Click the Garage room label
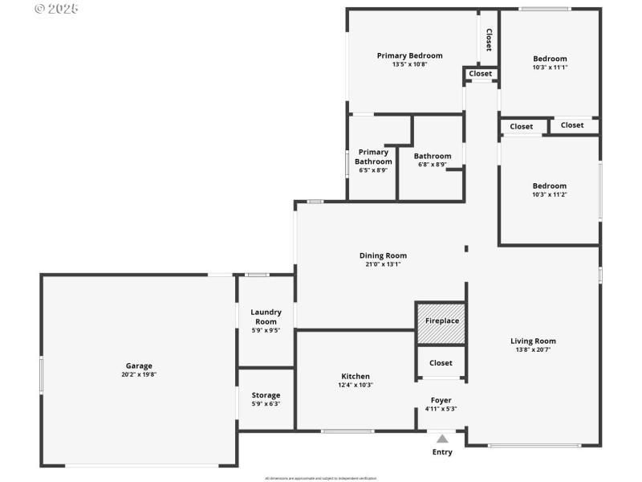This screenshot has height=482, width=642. click(139, 366)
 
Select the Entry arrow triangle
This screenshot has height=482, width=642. click(442, 439)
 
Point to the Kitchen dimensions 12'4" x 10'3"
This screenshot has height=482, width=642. click(356, 385)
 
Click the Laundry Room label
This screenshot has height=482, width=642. click(266, 317)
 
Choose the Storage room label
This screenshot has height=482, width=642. click(266, 395)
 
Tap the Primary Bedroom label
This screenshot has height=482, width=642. click(409, 55)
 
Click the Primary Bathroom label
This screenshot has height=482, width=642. click(373, 157)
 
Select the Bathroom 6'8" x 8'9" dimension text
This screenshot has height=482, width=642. click(433, 165)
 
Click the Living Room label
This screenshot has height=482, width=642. click(533, 341)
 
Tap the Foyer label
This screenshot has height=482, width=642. click(441, 400)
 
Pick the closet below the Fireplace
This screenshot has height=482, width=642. click(441, 363)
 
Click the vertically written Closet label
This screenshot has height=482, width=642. click(489, 40)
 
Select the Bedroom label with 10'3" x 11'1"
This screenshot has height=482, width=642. click(550, 59)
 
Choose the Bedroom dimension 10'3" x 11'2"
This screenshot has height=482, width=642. click(550, 194)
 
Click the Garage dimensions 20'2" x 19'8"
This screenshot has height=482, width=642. click(139, 374)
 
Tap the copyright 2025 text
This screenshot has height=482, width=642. click(57, 9)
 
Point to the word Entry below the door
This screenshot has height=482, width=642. click(442, 452)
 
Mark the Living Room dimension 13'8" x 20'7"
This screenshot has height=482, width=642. click(533, 349)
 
